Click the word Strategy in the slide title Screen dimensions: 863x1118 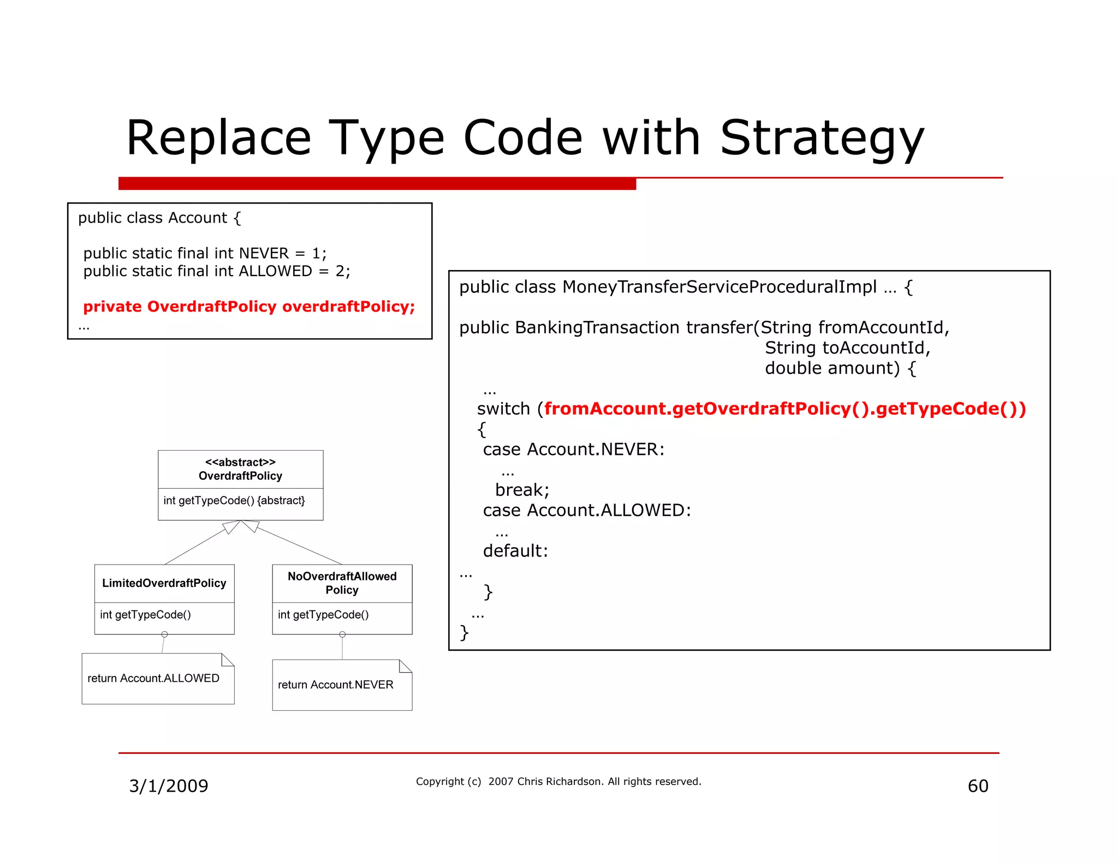(x=822, y=138)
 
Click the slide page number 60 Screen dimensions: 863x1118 (x=978, y=786)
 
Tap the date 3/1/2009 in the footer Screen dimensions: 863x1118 (x=168, y=786)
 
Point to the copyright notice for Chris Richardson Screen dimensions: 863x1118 (x=558, y=781)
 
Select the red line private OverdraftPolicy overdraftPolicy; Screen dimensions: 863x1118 (x=249, y=307)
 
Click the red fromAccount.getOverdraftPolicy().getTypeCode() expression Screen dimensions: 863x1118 (x=784, y=409)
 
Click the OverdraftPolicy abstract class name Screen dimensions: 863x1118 (x=240, y=476)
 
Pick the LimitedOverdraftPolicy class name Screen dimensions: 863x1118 (x=164, y=583)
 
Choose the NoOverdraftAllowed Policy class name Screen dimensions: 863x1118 (x=342, y=583)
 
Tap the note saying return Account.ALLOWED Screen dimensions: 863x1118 (x=153, y=678)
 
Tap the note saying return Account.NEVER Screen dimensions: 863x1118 (x=335, y=685)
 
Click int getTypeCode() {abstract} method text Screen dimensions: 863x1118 (x=234, y=500)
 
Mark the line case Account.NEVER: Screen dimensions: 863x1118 (x=573, y=450)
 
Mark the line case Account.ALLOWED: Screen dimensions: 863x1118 (x=586, y=511)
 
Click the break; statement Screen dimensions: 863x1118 (x=522, y=490)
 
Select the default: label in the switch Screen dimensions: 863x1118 (x=515, y=551)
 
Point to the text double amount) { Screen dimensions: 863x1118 (x=840, y=368)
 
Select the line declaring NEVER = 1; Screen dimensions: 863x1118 (x=205, y=253)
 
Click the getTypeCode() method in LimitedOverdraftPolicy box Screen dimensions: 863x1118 (x=145, y=615)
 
